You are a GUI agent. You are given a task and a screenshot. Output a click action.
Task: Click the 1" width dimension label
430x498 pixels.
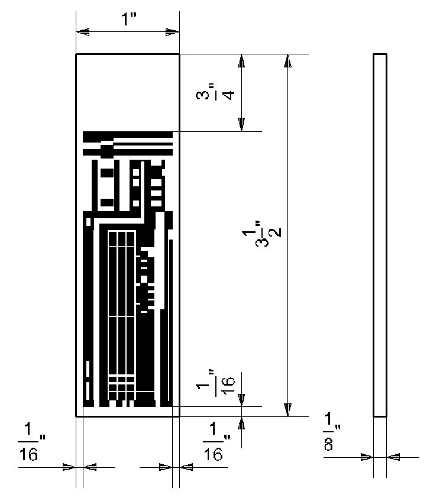128,20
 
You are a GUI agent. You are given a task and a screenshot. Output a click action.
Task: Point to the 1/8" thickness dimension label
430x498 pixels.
332,432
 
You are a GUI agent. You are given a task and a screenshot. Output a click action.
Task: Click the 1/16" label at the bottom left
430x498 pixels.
31,441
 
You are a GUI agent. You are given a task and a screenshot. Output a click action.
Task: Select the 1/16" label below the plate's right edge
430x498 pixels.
216,441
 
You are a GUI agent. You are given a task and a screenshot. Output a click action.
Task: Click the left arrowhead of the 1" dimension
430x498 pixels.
83,32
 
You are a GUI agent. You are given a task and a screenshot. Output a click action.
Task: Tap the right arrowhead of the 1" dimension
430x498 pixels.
173,32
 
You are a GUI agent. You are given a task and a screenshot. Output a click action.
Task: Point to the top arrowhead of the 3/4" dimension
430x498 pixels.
242,61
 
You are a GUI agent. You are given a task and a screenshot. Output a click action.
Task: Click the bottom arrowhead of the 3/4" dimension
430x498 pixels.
242,124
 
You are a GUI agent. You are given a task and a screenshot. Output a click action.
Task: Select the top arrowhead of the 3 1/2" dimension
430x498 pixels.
287,61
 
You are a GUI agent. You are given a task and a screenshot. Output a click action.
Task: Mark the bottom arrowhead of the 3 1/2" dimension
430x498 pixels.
287,409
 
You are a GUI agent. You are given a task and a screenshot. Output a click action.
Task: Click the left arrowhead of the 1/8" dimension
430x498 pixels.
367,457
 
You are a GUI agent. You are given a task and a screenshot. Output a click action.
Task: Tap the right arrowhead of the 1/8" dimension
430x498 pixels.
393,457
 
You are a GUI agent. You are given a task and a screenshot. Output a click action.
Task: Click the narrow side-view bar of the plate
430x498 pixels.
380,235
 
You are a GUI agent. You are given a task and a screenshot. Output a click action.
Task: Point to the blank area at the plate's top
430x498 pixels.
128,92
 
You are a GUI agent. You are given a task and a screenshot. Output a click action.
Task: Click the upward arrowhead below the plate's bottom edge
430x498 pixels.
242,423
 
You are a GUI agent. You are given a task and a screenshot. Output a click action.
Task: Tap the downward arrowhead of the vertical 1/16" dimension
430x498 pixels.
242,400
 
